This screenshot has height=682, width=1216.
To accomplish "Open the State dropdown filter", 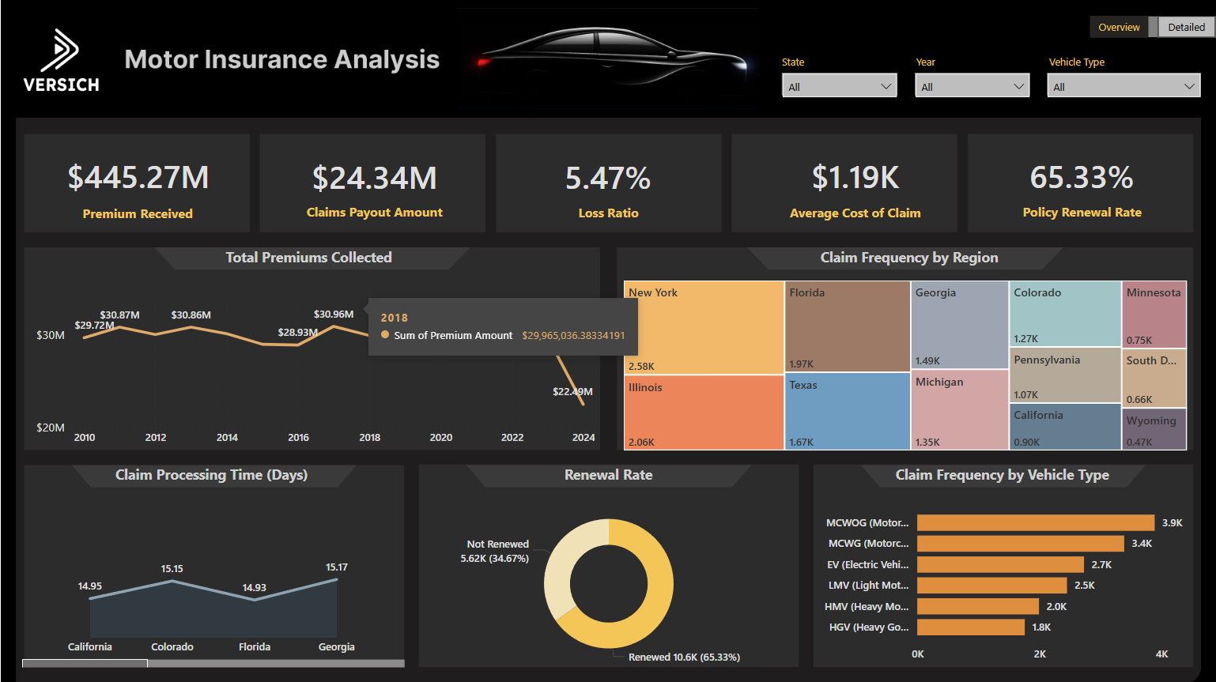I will (839, 86).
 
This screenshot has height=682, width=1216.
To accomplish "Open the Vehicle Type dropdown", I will (1123, 86).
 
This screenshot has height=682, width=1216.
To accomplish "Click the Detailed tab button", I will (1186, 27).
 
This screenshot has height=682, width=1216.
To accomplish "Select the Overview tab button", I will (1119, 27).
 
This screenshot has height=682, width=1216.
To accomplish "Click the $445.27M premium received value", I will (138, 178).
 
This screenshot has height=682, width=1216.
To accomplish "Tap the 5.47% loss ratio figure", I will (608, 179).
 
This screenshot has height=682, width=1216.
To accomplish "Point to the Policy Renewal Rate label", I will (1082, 213).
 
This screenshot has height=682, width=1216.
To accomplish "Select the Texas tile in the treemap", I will (847, 411).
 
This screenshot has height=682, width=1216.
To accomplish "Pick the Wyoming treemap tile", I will (1154, 428).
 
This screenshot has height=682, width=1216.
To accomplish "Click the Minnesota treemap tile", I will (1154, 315).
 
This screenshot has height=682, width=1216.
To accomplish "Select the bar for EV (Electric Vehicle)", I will (1000, 564).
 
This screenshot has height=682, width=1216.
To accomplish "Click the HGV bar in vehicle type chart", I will (971, 627).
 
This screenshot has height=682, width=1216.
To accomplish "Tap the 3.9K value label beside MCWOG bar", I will (1172, 523).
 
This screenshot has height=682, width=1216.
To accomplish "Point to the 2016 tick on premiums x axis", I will (298, 437).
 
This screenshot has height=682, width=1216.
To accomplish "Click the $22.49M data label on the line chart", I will (572, 391).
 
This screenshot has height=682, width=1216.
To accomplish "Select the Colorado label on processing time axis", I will (172, 646).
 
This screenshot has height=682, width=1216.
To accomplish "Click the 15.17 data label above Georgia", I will (337, 567).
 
